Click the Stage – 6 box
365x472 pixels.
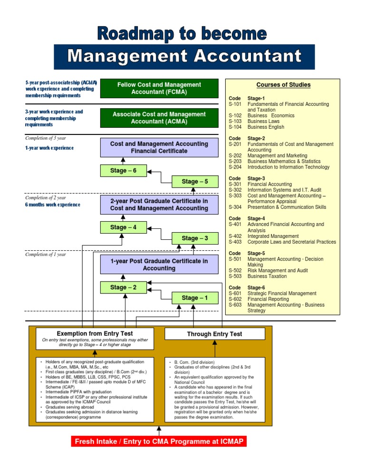[123, 170]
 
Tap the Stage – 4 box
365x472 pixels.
[123, 227]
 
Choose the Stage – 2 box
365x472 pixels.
[123, 287]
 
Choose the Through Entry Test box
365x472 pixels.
[214, 334]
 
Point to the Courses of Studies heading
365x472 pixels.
[283, 85]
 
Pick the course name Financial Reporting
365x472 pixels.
[268, 299]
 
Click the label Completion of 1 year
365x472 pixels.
[45, 255]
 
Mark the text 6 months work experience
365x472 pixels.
[53, 205]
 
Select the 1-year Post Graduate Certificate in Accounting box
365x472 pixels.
[159, 264]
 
